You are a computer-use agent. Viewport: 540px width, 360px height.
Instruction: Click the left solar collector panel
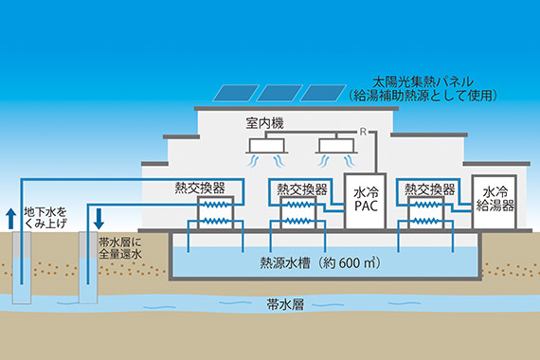[x=234, y=93]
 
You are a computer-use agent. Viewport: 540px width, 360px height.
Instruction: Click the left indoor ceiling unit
[x=266, y=146]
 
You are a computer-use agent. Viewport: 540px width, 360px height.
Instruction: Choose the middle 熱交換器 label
[x=297, y=188]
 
